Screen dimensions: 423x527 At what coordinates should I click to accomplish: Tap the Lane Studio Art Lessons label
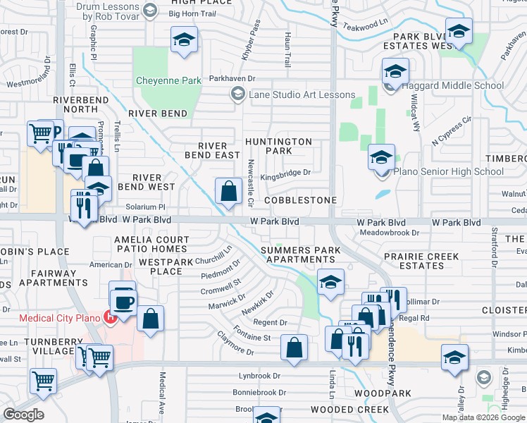(x=302, y=94)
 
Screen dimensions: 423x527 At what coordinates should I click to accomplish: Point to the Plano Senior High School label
(x=448, y=171)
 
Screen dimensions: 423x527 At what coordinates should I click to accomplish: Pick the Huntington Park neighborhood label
(x=278, y=146)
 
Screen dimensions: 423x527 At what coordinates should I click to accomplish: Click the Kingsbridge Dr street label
(x=285, y=172)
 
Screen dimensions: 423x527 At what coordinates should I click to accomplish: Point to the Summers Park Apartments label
(x=295, y=255)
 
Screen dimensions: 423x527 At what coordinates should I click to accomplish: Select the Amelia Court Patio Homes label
(x=151, y=245)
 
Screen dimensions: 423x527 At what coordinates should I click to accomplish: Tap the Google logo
(x=23, y=415)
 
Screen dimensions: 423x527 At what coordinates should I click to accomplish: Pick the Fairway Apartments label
(x=44, y=277)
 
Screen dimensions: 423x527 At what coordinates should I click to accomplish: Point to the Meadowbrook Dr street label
(x=389, y=232)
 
